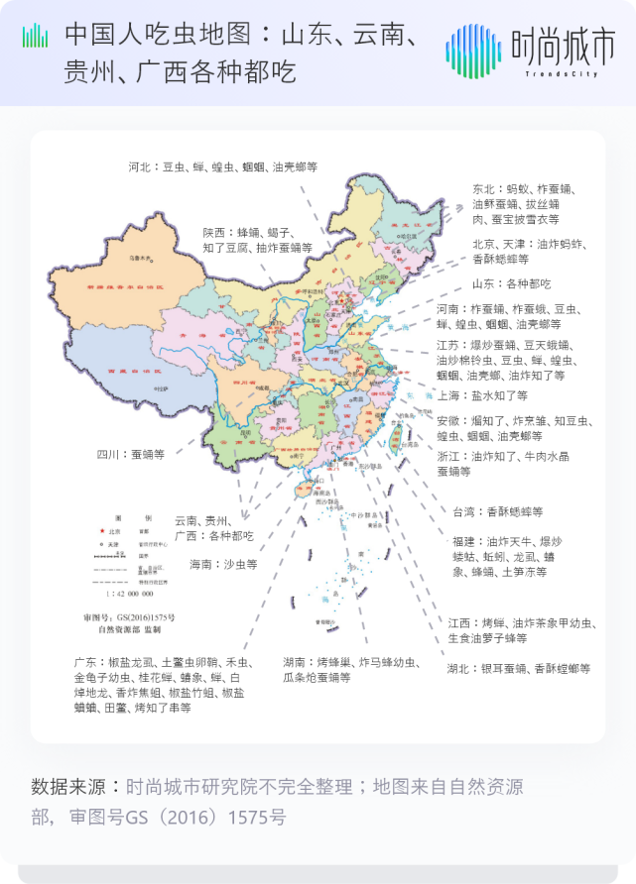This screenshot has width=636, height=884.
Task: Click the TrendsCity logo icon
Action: pyautogui.click(x=473, y=50)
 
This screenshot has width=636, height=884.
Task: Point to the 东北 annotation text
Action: pyautogui.click(x=516, y=203)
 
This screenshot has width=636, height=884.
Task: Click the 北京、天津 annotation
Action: pyautogui.click(x=520, y=251)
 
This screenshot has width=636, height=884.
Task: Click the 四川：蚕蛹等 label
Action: pyautogui.click(x=130, y=455)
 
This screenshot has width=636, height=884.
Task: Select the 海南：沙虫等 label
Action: pyautogui.click(x=223, y=564)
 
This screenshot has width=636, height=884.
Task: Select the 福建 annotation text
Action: pyautogui.click(x=507, y=557)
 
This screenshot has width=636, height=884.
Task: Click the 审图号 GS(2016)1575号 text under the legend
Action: pyautogui.click(x=129, y=617)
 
